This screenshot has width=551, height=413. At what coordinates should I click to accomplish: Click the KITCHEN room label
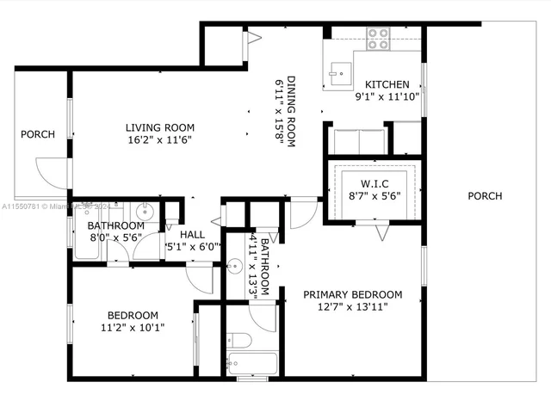coord(387,84)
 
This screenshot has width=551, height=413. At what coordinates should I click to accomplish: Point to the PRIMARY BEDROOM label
coord(353,293)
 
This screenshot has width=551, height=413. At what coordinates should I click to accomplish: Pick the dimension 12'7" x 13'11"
coord(353,307)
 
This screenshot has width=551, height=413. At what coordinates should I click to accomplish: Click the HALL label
coord(193,233)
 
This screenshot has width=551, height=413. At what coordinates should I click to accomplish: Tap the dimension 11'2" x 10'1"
coord(133,327)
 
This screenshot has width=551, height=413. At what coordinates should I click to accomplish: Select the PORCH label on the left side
coord(38,134)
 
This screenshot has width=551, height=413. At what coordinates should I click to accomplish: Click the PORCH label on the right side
coord(485,196)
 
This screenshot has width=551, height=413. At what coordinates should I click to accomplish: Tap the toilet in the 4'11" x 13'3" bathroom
coord(241,338)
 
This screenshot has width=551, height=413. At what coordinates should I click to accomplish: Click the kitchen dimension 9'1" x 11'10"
coord(387,97)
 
